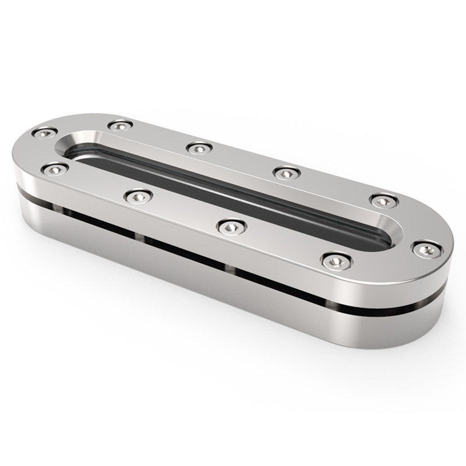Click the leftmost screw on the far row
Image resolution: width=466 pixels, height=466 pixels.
tap(44, 133)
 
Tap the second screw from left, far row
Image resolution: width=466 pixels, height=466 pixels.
tap(120, 125)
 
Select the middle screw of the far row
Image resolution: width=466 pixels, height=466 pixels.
tap(199, 148)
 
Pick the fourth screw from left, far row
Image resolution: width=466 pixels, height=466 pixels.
tap(287, 172)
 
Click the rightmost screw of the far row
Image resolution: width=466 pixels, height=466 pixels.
tap(384, 200)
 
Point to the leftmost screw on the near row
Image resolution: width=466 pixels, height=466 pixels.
tap(55, 169)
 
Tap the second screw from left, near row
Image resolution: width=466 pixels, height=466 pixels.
tap(139, 196)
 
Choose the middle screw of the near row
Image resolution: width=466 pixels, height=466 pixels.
tap(231, 226)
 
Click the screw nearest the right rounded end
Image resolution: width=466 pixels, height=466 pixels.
tap(426, 249)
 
